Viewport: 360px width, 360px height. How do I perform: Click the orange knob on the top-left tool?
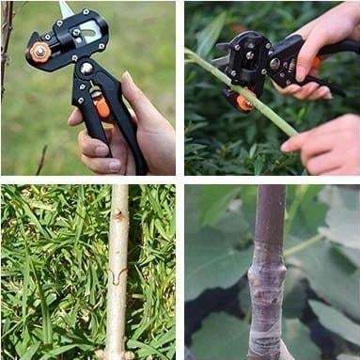(40, 52)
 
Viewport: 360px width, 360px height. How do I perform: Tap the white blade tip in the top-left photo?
(66, 8)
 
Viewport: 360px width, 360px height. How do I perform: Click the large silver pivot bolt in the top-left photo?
(86, 68)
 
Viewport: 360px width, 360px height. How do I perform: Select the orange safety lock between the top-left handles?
(102, 107)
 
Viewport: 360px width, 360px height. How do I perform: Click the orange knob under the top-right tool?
(244, 102)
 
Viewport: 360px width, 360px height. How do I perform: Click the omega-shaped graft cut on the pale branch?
(117, 276)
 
